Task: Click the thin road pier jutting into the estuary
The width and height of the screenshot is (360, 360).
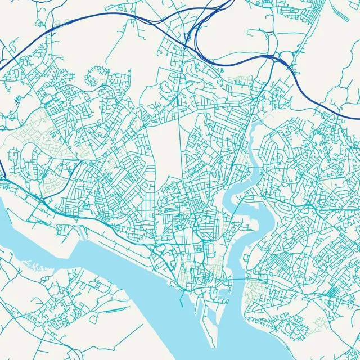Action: point(112,310)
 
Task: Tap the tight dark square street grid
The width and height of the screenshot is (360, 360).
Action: point(332,292)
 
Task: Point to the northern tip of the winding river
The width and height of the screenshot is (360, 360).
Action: point(253,127)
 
